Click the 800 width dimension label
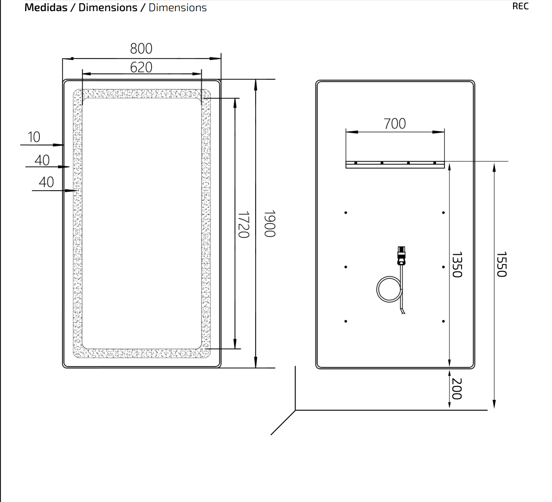141,49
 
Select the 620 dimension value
141,67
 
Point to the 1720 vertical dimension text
244,224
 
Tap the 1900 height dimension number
270,224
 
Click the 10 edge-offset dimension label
34,137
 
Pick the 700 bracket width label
395,123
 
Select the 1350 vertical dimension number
456,264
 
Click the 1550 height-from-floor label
501,264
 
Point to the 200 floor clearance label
456,389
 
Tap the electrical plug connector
401,256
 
